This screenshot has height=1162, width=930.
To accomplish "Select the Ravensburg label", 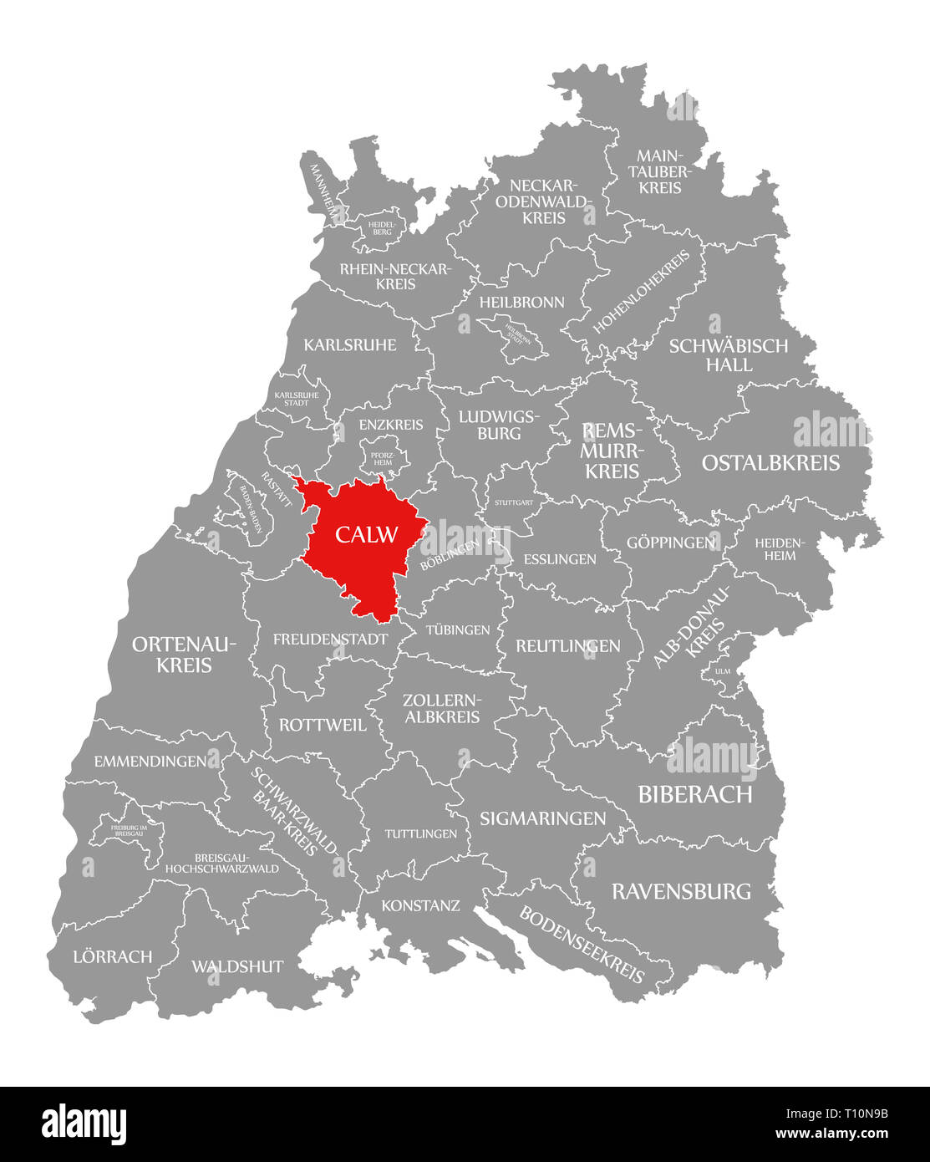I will click(x=681, y=891).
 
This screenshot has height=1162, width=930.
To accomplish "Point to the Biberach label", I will click(x=695, y=794).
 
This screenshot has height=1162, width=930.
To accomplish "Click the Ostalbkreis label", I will click(x=770, y=463).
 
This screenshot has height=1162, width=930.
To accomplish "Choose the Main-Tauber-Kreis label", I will click(x=660, y=171).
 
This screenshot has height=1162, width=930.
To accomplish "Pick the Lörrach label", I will click(x=113, y=956).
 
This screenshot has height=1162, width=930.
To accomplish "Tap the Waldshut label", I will click(x=237, y=966).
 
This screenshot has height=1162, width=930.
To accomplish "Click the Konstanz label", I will click(x=420, y=905).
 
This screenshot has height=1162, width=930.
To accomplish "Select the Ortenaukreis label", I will click(x=184, y=655).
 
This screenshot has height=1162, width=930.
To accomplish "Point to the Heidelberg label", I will click(x=382, y=227).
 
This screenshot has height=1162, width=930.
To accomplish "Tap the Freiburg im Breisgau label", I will click(x=135, y=830).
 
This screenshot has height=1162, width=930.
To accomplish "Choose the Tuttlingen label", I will click(x=420, y=833).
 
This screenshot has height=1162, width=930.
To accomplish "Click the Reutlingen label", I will click(x=568, y=645).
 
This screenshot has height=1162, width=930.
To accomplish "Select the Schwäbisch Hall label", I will click(x=728, y=355).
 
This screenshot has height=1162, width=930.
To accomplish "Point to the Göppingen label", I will click(x=671, y=543).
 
